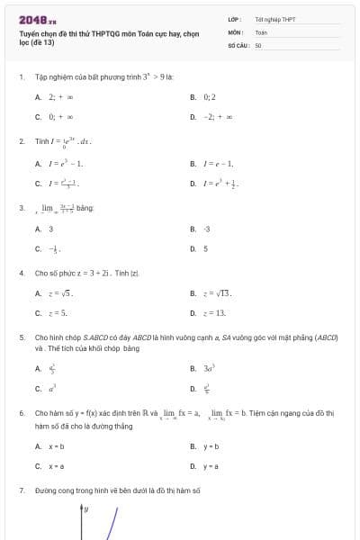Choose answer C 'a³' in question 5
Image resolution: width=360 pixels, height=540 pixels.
coord(51,388)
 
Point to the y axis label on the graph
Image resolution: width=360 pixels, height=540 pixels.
coord(86,509)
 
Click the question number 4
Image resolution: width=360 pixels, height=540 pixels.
coord(22,272)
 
